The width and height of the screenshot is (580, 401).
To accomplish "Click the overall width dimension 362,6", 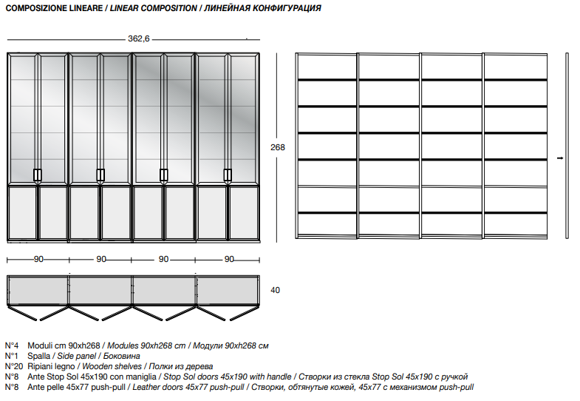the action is (x=139, y=38).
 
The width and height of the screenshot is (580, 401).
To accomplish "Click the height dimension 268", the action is (x=277, y=147).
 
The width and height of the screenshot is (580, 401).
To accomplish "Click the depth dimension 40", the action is (x=275, y=290).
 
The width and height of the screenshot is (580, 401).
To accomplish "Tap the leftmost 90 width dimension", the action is (x=38, y=259).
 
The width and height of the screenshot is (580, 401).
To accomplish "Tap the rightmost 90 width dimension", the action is (x=229, y=259).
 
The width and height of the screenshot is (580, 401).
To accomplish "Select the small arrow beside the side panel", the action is (x=560, y=158).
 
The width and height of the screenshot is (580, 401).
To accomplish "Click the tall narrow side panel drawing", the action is (x=567, y=146).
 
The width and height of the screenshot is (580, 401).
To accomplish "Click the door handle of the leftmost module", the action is (x=38, y=175).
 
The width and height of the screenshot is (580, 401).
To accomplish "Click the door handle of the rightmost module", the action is (x=228, y=175).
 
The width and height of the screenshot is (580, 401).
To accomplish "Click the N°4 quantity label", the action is (x=12, y=346).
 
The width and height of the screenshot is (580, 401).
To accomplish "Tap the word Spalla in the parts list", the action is (x=39, y=356).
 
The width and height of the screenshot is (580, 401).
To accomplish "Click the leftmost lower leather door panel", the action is (x=22, y=213).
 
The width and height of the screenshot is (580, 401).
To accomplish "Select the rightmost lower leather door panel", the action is (x=244, y=213).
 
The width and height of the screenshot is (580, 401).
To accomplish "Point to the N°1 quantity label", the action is (x=12, y=356).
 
